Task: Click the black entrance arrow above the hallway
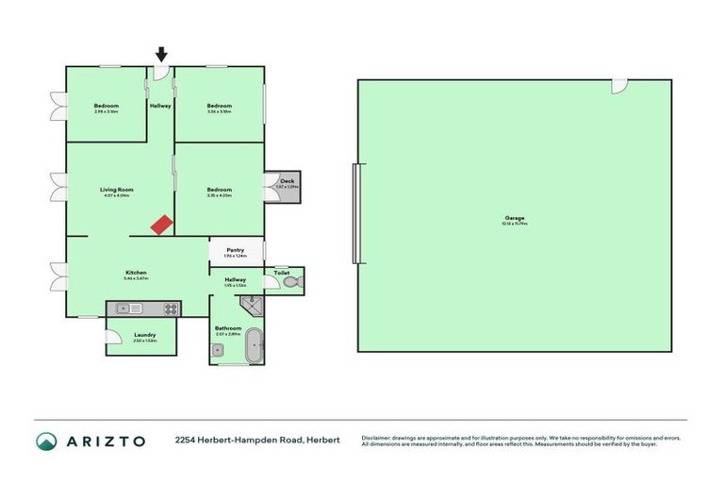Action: pyautogui.click(x=161, y=56)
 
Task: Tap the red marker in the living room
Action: pyautogui.click(x=163, y=224)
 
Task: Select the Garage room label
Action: pyautogui.click(x=514, y=218)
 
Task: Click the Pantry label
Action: pyautogui.click(x=235, y=250)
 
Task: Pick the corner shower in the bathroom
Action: pyautogui.click(x=252, y=304)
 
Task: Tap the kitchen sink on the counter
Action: pyautogui.click(x=129, y=308)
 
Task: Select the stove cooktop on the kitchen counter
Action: pyautogui.click(x=171, y=308)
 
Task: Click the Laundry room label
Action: pyautogui.click(x=145, y=335)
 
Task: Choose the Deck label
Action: pyautogui.click(x=287, y=180)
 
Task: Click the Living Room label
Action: pyautogui.click(x=117, y=190)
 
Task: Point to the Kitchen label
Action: pyautogui.click(x=136, y=272)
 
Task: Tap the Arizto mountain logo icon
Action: pyautogui.click(x=46, y=441)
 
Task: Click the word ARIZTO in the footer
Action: pyautogui.click(x=106, y=441)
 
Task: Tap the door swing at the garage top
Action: pyautogui.click(x=619, y=86)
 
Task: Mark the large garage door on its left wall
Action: pyautogui.click(x=355, y=213)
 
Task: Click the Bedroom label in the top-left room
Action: pyautogui.click(x=106, y=106)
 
